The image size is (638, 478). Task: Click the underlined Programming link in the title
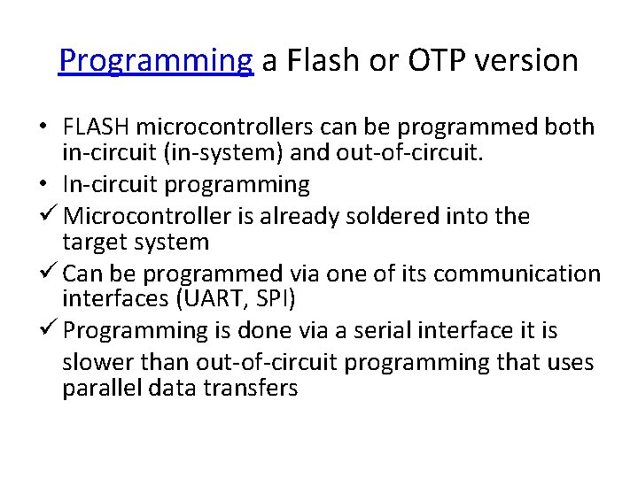pyautogui.click(x=156, y=60)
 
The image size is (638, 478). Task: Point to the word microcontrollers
pyautogui.click(x=216, y=127)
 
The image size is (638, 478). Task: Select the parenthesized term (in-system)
pyautogui.click(x=222, y=152)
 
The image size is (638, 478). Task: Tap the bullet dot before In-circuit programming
pyautogui.click(x=43, y=184)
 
